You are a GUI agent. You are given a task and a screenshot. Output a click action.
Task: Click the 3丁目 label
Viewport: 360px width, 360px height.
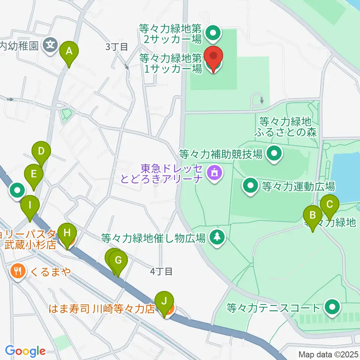pyautogui.click(x=117, y=47)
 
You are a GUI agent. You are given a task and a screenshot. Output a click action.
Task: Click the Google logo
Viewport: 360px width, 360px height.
pyautogui.click(x=25, y=351)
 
